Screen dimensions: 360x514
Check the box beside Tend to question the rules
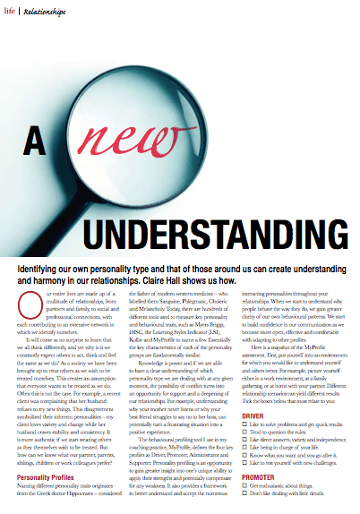click(x=245, y=434)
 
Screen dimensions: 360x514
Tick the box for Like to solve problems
click(x=245, y=425)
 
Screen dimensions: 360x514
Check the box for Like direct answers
click(x=245, y=443)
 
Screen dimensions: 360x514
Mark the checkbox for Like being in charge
click(x=245, y=452)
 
